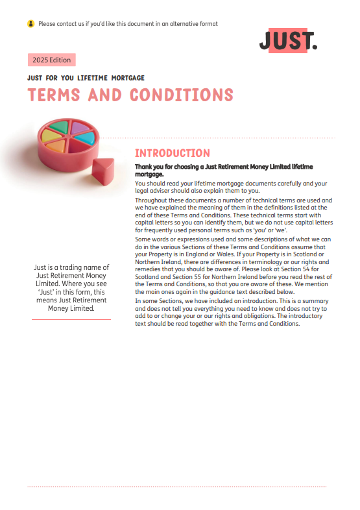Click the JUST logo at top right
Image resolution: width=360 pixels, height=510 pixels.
[x=288, y=41]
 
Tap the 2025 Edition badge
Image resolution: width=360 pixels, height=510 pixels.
[x=51, y=60]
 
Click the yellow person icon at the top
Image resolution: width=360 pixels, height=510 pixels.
[x=30, y=24]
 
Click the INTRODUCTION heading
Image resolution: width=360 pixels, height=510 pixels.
[x=172, y=153]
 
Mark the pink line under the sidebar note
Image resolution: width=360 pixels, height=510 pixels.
[x=71, y=319]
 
